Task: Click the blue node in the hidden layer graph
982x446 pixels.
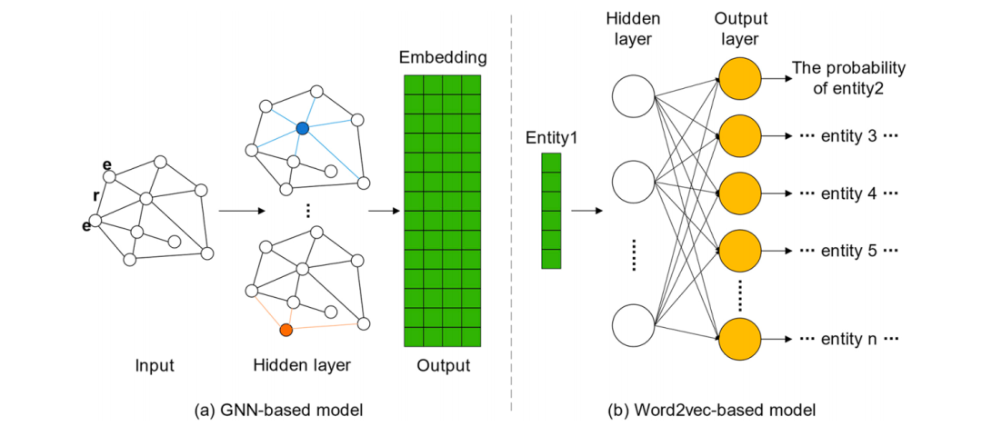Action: coord(302,129)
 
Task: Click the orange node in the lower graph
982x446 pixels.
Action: coord(286,330)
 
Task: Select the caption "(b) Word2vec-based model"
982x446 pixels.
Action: coord(711,410)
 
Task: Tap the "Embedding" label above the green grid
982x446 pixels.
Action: coord(443,58)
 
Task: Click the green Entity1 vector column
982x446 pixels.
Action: coord(551,211)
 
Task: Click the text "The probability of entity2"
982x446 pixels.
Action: coord(848,78)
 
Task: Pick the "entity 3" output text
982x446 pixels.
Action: coord(848,136)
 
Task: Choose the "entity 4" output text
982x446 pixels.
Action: coord(848,193)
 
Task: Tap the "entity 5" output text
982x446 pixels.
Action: coord(848,251)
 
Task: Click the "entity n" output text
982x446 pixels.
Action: coord(848,339)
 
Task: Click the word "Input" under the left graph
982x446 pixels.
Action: coord(154,366)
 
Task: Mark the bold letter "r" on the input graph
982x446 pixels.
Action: coord(96,195)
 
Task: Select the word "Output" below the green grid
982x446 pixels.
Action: coord(444,366)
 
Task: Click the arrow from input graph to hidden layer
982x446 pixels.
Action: coord(241,212)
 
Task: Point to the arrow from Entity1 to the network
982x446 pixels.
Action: coord(586,212)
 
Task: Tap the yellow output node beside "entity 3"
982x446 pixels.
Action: coord(738,136)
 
